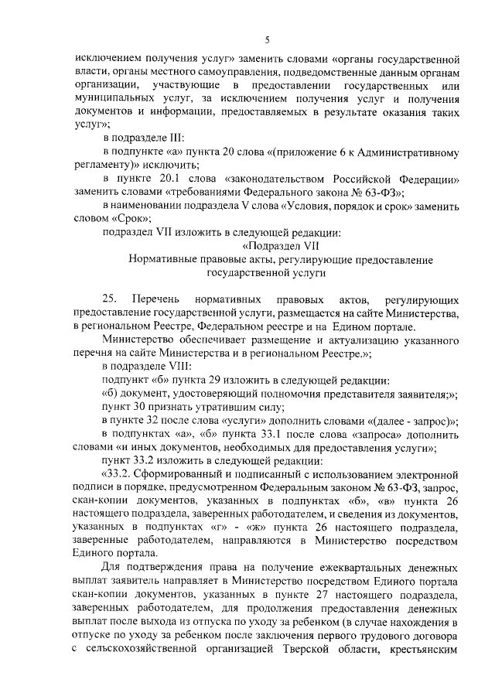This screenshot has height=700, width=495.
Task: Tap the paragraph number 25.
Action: [x=109, y=299]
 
